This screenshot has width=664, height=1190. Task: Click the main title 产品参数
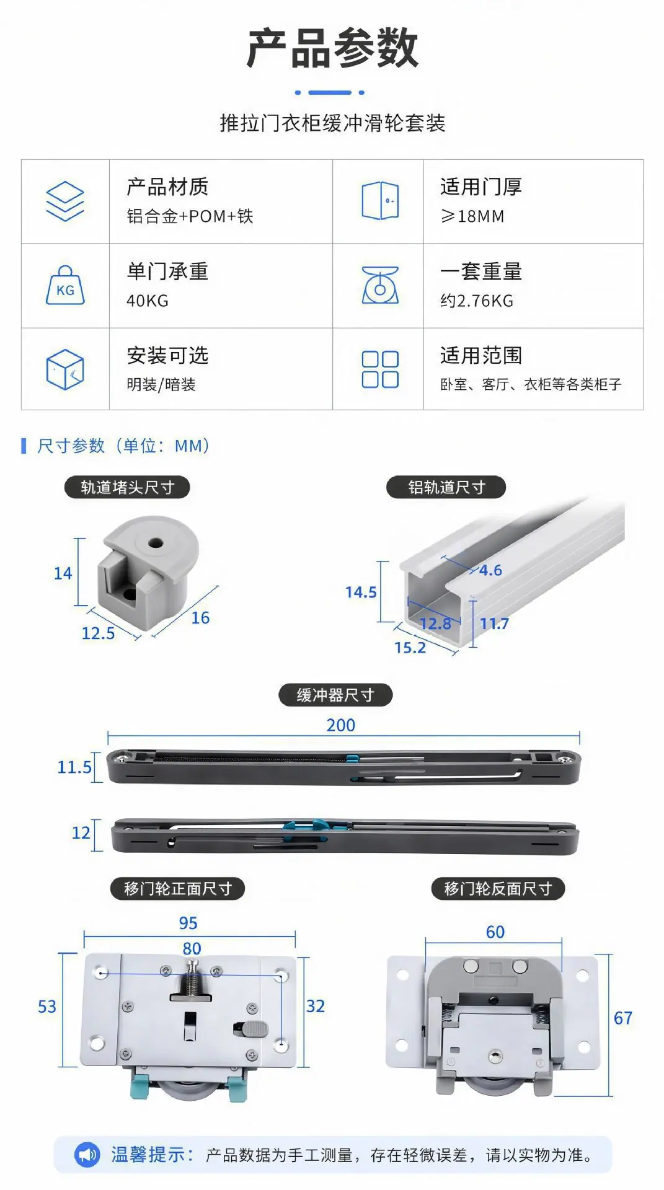[332, 48]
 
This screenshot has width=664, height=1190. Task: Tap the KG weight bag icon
[65, 286]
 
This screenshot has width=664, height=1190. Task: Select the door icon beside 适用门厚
[380, 201]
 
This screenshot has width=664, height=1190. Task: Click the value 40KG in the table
[148, 301]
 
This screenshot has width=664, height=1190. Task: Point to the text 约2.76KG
[477, 301]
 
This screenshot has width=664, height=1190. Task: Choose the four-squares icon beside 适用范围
[380, 369]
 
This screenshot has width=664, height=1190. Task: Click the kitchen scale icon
[380, 285]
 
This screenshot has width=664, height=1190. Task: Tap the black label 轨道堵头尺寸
[127, 487]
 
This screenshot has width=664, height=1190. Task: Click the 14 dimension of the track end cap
[63, 573]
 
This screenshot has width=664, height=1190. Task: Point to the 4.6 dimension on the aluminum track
[490, 570]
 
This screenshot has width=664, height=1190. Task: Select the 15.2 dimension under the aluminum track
[410, 648]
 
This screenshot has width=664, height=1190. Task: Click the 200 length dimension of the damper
[341, 725]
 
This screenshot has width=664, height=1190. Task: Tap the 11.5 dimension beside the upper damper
[74, 767]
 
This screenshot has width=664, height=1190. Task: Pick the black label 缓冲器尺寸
[335, 695]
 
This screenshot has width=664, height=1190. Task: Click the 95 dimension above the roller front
[188, 923]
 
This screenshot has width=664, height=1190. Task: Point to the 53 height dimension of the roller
[47, 1007]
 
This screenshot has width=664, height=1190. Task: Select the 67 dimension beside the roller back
[623, 1018]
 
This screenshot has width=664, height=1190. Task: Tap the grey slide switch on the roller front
[254, 1029]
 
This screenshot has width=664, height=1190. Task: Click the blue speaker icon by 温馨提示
[87, 1155]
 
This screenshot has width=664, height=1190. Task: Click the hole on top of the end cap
[156, 544]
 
